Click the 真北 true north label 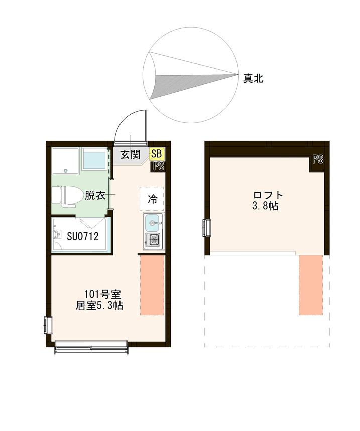click(253, 78)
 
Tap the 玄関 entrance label click(130, 154)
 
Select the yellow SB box click(156, 154)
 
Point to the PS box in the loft click(317, 160)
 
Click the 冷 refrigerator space click(152, 199)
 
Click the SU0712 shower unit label click(82, 236)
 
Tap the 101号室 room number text click(102, 294)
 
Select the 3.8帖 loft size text click(266, 206)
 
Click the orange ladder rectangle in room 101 click(152, 285)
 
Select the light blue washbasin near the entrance click(95, 160)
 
